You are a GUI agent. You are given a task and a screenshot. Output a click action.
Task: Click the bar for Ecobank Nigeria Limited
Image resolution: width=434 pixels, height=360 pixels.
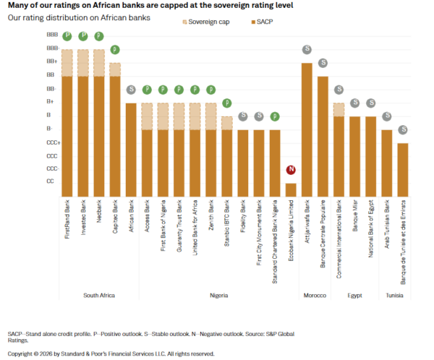pyautogui.click(x=291, y=189)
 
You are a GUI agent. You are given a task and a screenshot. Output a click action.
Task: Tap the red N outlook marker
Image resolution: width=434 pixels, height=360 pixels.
pyautogui.click(x=291, y=170)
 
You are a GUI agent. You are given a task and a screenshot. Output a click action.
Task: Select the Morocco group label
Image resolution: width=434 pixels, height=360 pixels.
pyautogui.click(x=314, y=296)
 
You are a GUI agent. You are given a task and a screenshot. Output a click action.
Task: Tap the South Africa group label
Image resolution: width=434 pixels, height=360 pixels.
pyautogui.click(x=99, y=296)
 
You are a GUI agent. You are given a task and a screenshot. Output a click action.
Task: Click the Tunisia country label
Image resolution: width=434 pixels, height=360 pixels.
pyautogui.click(x=394, y=296)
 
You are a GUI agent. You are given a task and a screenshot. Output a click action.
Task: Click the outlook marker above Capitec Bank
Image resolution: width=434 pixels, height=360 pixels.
pyautogui.click(x=115, y=50)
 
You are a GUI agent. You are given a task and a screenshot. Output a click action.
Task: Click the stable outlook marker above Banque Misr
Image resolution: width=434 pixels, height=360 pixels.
pyautogui.click(x=354, y=103)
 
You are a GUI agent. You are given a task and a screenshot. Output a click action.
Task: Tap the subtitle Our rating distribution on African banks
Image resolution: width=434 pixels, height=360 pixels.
pyautogui.click(x=80, y=17)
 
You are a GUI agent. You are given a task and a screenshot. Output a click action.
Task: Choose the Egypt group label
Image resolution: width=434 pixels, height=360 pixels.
pyautogui.click(x=354, y=296)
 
